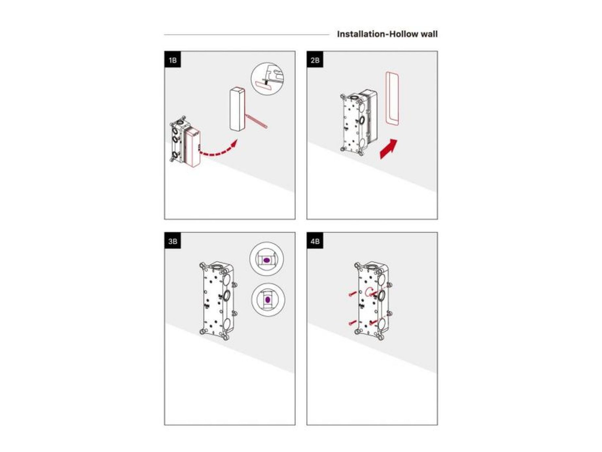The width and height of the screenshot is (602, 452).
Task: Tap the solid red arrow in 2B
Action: (389, 149)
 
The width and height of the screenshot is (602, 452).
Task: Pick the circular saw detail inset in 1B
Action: (267, 79)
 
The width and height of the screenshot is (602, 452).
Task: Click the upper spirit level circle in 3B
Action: (267, 259)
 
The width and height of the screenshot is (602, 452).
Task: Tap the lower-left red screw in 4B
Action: (352, 322)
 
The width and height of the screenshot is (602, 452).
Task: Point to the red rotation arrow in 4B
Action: (370, 292)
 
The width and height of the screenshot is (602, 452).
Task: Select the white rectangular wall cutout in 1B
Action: (237, 109)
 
